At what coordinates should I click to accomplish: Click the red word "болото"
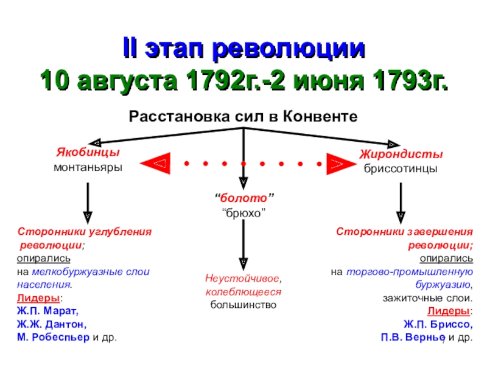pos(244,198)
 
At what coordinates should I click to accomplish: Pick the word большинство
pos(243,304)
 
